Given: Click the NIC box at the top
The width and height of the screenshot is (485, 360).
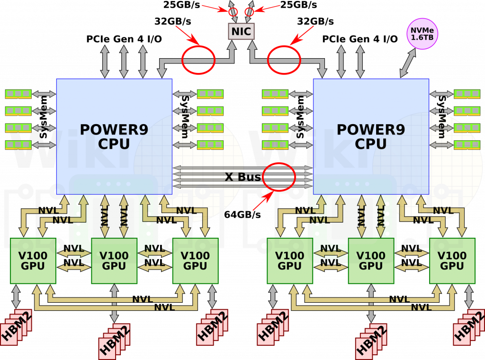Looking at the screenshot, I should (x=242, y=32).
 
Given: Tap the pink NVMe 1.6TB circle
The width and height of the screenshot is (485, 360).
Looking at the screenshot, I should (x=422, y=34).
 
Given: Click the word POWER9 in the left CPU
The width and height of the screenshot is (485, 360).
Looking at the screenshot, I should (x=114, y=130).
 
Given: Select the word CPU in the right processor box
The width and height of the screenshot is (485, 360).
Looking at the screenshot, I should (x=371, y=144).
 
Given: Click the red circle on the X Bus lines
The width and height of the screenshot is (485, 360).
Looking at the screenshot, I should (x=279, y=177).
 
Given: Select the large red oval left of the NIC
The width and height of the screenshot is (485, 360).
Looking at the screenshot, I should (x=198, y=60).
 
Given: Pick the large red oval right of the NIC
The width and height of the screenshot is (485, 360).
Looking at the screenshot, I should (x=284, y=60).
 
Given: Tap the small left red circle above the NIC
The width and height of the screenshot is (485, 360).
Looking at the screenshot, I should (x=234, y=12).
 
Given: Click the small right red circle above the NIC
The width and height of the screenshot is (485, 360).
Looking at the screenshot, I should (x=249, y=12).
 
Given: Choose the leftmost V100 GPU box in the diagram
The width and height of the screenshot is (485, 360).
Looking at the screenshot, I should (x=33, y=261).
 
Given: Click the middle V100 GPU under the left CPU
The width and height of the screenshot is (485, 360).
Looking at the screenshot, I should (x=114, y=261).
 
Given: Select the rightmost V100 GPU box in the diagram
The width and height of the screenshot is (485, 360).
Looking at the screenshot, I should (x=452, y=261).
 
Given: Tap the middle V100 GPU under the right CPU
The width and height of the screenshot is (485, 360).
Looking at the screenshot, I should (x=371, y=261).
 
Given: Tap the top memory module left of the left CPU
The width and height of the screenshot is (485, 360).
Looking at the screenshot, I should (x=18, y=94).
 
